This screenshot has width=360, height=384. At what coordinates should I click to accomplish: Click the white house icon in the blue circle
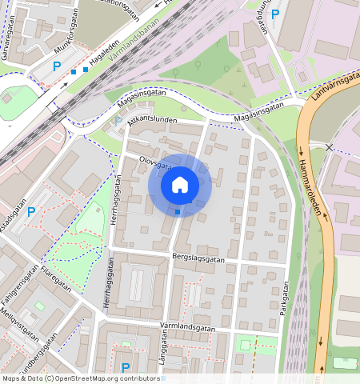[x=180, y=186]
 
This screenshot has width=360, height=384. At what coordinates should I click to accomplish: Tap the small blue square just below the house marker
[x=178, y=212]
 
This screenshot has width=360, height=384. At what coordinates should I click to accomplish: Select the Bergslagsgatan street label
[x=198, y=259]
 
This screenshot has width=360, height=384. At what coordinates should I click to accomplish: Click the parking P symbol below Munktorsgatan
[x=56, y=67]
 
